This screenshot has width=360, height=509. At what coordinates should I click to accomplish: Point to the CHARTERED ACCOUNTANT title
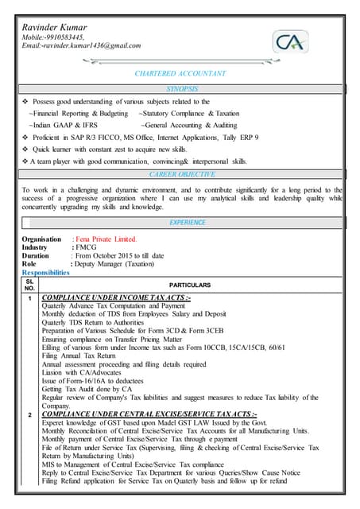coord(180,73)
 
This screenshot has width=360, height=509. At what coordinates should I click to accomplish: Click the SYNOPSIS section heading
coord(180,88)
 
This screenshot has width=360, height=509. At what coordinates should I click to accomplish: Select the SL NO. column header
coord(29,284)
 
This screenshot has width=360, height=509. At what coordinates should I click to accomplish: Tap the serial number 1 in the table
coord(29,299)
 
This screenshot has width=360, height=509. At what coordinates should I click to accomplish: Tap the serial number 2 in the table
coord(29,416)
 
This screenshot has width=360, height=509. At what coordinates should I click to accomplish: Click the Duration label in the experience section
coord(36,256)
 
